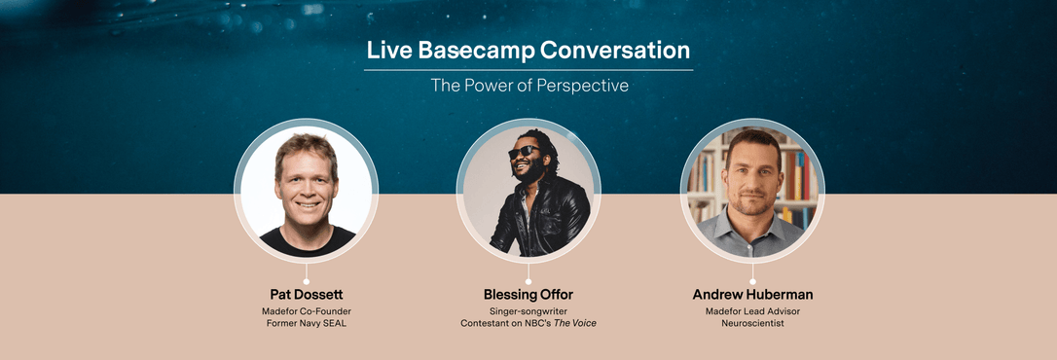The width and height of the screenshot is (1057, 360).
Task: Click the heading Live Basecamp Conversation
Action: tap(528, 51)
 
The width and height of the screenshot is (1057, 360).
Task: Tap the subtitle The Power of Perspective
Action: tap(529, 86)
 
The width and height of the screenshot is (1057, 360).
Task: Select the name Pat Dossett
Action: tap(307, 294)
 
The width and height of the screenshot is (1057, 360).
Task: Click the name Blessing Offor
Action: tap(528, 294)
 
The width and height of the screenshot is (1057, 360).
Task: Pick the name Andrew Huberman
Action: tap(751, 294)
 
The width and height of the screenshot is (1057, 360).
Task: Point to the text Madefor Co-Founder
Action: tap(307, 311)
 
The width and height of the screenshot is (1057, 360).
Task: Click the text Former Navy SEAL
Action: tap(307, 324)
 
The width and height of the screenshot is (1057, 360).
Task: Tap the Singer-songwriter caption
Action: tap(528, 311)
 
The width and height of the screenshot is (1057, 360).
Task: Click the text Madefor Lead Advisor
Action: tap(751, 311)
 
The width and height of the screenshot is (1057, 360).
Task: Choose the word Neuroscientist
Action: tap(751, 324)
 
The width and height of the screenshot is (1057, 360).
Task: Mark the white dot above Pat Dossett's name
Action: tap(307, 281)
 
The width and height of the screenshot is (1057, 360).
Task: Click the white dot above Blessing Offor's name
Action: tap(528, 281)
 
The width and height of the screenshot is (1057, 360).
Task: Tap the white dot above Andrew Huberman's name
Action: tap(751, 281)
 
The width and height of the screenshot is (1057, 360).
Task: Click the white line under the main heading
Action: tap(528, 70)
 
